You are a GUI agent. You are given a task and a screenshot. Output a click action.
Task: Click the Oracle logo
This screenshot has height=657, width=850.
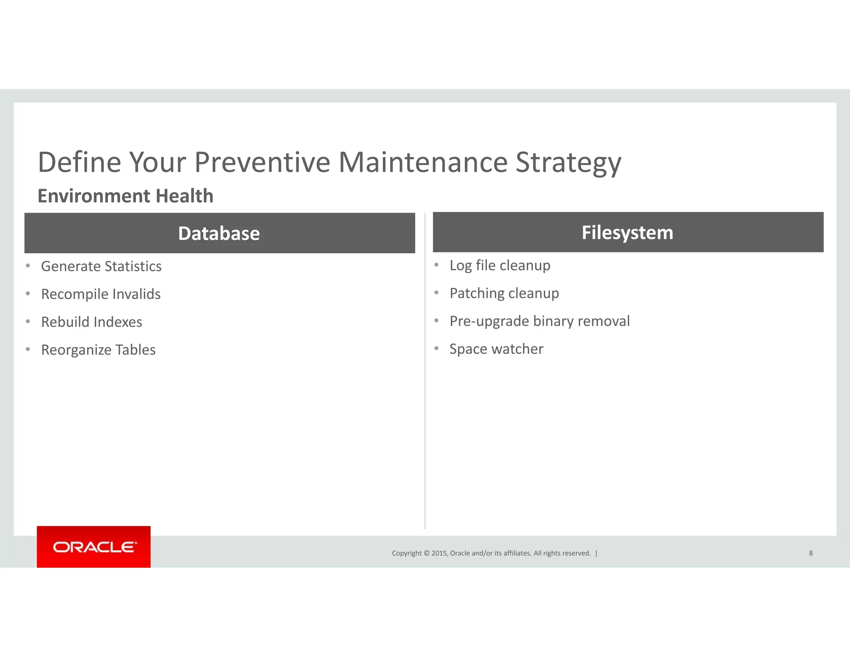[94, 547]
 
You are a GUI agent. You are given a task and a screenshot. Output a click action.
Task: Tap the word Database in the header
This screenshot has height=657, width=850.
[219, 233]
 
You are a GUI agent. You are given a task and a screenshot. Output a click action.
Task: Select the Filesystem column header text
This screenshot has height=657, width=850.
[627, 233]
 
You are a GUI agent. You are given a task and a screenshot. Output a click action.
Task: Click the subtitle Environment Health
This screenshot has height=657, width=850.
[125, 196]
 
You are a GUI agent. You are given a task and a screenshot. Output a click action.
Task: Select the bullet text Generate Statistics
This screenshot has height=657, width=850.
[101, 266]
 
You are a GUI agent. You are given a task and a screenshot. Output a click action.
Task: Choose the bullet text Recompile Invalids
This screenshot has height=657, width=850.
[101, 294]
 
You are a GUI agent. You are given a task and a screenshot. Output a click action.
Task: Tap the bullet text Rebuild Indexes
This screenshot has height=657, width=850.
[92, 322]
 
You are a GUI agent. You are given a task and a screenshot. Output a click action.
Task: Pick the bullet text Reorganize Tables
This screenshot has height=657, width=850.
[98, 350]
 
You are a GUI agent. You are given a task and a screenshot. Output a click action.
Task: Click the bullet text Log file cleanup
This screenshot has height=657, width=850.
[500, 265]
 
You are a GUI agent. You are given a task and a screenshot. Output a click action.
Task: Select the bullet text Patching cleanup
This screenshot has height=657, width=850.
[504, 293]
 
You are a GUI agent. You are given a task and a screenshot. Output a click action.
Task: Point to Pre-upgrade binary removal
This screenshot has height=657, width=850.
[540, 321]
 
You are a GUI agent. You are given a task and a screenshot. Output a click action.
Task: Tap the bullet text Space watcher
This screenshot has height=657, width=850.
[496, 349]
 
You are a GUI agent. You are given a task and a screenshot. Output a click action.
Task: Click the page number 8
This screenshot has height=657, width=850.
[811, 553]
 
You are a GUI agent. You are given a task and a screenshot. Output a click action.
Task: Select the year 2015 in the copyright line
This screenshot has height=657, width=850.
[439, 553]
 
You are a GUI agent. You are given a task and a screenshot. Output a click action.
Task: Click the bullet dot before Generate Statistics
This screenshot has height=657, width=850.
[28, 266]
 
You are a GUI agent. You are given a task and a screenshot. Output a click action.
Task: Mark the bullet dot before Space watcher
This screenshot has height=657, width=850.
[436, 348]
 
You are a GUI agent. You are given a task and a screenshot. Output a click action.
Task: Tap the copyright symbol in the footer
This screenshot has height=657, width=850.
[426, 553]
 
